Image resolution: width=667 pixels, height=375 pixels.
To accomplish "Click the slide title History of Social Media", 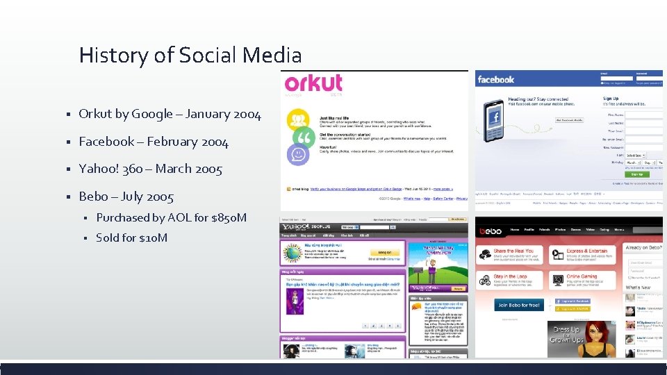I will point(190,55).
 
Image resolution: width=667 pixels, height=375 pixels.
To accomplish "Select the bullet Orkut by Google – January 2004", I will point(170,114).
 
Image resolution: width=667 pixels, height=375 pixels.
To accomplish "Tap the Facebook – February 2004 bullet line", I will point(153,142).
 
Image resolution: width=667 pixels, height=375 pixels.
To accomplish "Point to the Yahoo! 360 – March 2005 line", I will point(150,169).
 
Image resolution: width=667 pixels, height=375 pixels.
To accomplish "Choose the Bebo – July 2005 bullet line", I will point(126,197).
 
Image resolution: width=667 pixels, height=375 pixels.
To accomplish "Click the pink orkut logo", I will point(313,84).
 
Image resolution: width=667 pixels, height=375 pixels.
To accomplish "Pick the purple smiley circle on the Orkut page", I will point(299,154).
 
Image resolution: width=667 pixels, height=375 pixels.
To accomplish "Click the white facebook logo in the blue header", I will point(496,80).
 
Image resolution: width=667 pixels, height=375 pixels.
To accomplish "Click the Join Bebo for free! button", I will point(518,305).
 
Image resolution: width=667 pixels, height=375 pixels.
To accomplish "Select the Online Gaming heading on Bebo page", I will point(582,276).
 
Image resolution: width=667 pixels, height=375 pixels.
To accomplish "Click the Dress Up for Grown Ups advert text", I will point(567,335).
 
